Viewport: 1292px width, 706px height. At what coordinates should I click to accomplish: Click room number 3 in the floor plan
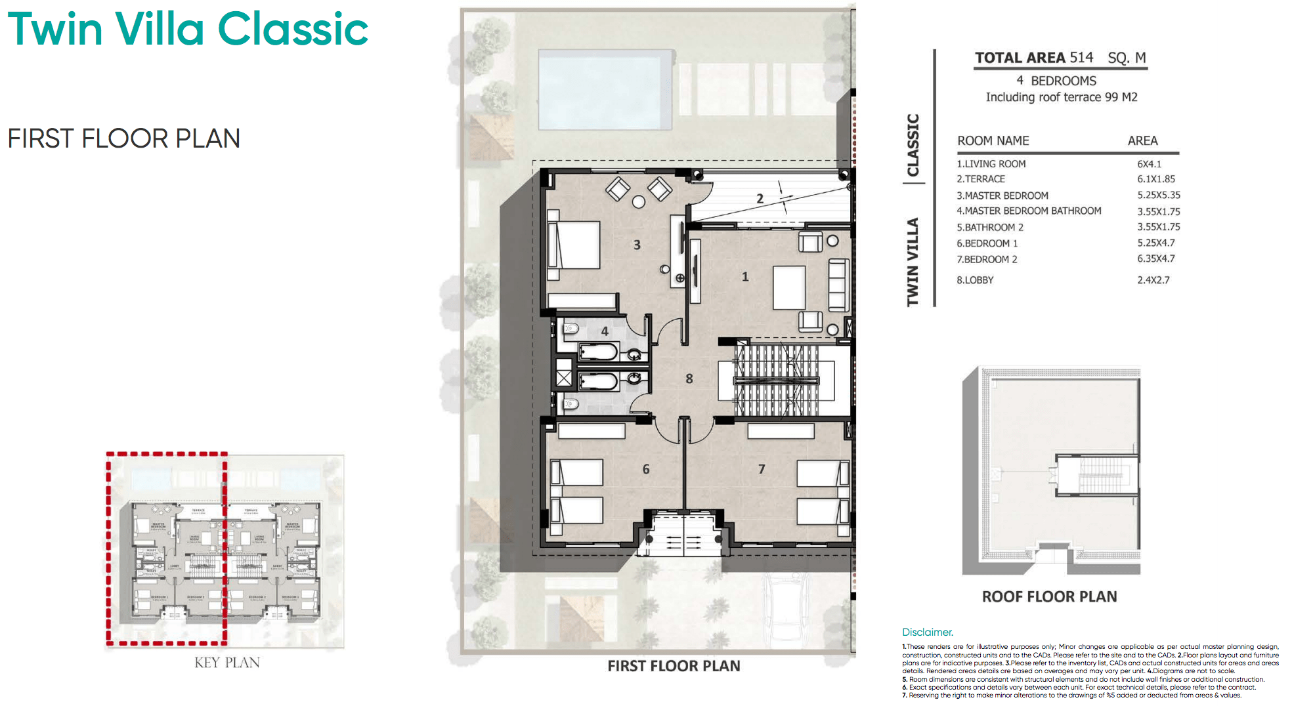(x=636, y=245)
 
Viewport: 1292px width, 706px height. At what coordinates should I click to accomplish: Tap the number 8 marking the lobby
(x=689, y=379)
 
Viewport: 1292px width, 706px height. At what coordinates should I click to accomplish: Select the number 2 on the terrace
(x=760, y=198)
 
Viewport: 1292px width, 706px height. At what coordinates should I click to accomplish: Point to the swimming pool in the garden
(x=605, y=90)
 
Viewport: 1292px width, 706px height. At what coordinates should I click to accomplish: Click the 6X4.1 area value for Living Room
(x=1149, y=164)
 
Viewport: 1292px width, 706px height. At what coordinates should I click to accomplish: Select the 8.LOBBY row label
(x=975, y=280)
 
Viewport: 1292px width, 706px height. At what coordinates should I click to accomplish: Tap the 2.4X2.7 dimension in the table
(x=1153, y=280)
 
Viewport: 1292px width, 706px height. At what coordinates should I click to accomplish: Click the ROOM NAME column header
(x=993, y=141)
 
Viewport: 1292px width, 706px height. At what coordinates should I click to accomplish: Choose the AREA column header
(x=1142, y=141)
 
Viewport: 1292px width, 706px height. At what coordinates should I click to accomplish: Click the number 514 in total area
(x=1081, y=58)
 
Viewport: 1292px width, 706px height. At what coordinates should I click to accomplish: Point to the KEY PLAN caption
(x=226, y=663)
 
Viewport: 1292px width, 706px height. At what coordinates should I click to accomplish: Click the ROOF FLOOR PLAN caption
(x=1049, y=597)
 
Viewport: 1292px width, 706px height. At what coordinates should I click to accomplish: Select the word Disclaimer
(x=927, y=633)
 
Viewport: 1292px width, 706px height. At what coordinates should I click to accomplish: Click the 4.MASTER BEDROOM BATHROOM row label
(x=1028, y=211)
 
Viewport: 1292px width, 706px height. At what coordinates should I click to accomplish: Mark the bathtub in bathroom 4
(x=598, y=353)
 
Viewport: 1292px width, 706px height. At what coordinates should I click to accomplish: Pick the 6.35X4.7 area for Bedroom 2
(x=1155, y=259)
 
